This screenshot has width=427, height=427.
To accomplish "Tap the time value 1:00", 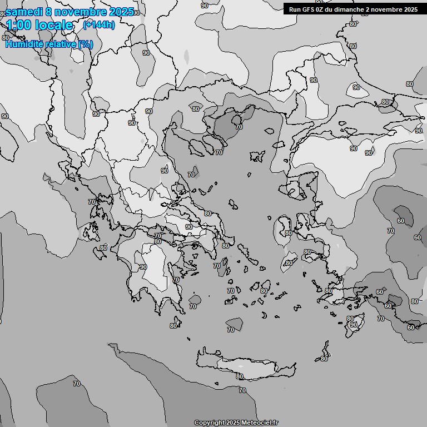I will (18, 25).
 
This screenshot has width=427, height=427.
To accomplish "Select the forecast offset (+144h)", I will (99, 25).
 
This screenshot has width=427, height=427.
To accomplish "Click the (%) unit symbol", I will (86, 44).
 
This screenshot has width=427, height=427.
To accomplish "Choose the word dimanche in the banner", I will (347, 9).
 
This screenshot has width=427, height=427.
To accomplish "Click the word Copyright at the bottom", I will (209, 423).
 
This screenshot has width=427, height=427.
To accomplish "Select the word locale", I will (54, 25).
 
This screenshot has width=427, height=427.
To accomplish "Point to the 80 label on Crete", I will (240, 376).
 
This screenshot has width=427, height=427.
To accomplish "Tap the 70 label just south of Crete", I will (242, 390).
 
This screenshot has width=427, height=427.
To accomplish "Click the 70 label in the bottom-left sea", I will (76, 384).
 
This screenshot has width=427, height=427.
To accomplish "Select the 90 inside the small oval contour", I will (356, 87).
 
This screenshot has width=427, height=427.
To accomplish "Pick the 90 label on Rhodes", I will (353, 325).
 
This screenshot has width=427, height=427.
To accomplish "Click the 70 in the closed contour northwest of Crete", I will (231, 330).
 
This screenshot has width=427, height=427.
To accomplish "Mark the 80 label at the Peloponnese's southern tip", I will (174, 325).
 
